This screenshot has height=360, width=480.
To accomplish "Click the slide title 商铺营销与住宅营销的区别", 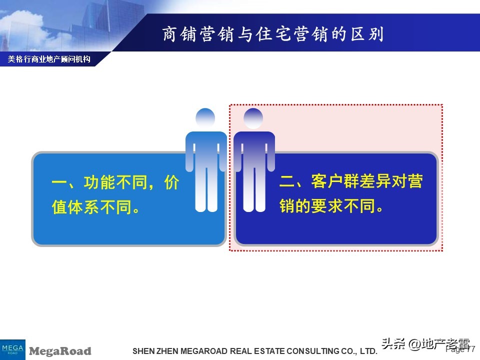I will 272,35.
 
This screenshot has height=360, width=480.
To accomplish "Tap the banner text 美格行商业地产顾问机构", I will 49,59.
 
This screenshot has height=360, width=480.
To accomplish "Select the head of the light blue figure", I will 205,118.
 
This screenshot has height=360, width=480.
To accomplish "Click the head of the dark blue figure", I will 253,118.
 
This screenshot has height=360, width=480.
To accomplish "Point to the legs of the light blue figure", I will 206,190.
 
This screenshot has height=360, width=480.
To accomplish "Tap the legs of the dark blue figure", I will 254,190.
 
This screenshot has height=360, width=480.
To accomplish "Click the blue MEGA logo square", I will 12,348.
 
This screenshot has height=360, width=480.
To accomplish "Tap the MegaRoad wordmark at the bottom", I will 60,351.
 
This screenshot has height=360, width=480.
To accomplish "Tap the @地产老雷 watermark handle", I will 439,344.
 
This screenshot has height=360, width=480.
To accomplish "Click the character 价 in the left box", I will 171,183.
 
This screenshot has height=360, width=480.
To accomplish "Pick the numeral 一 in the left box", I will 59,183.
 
